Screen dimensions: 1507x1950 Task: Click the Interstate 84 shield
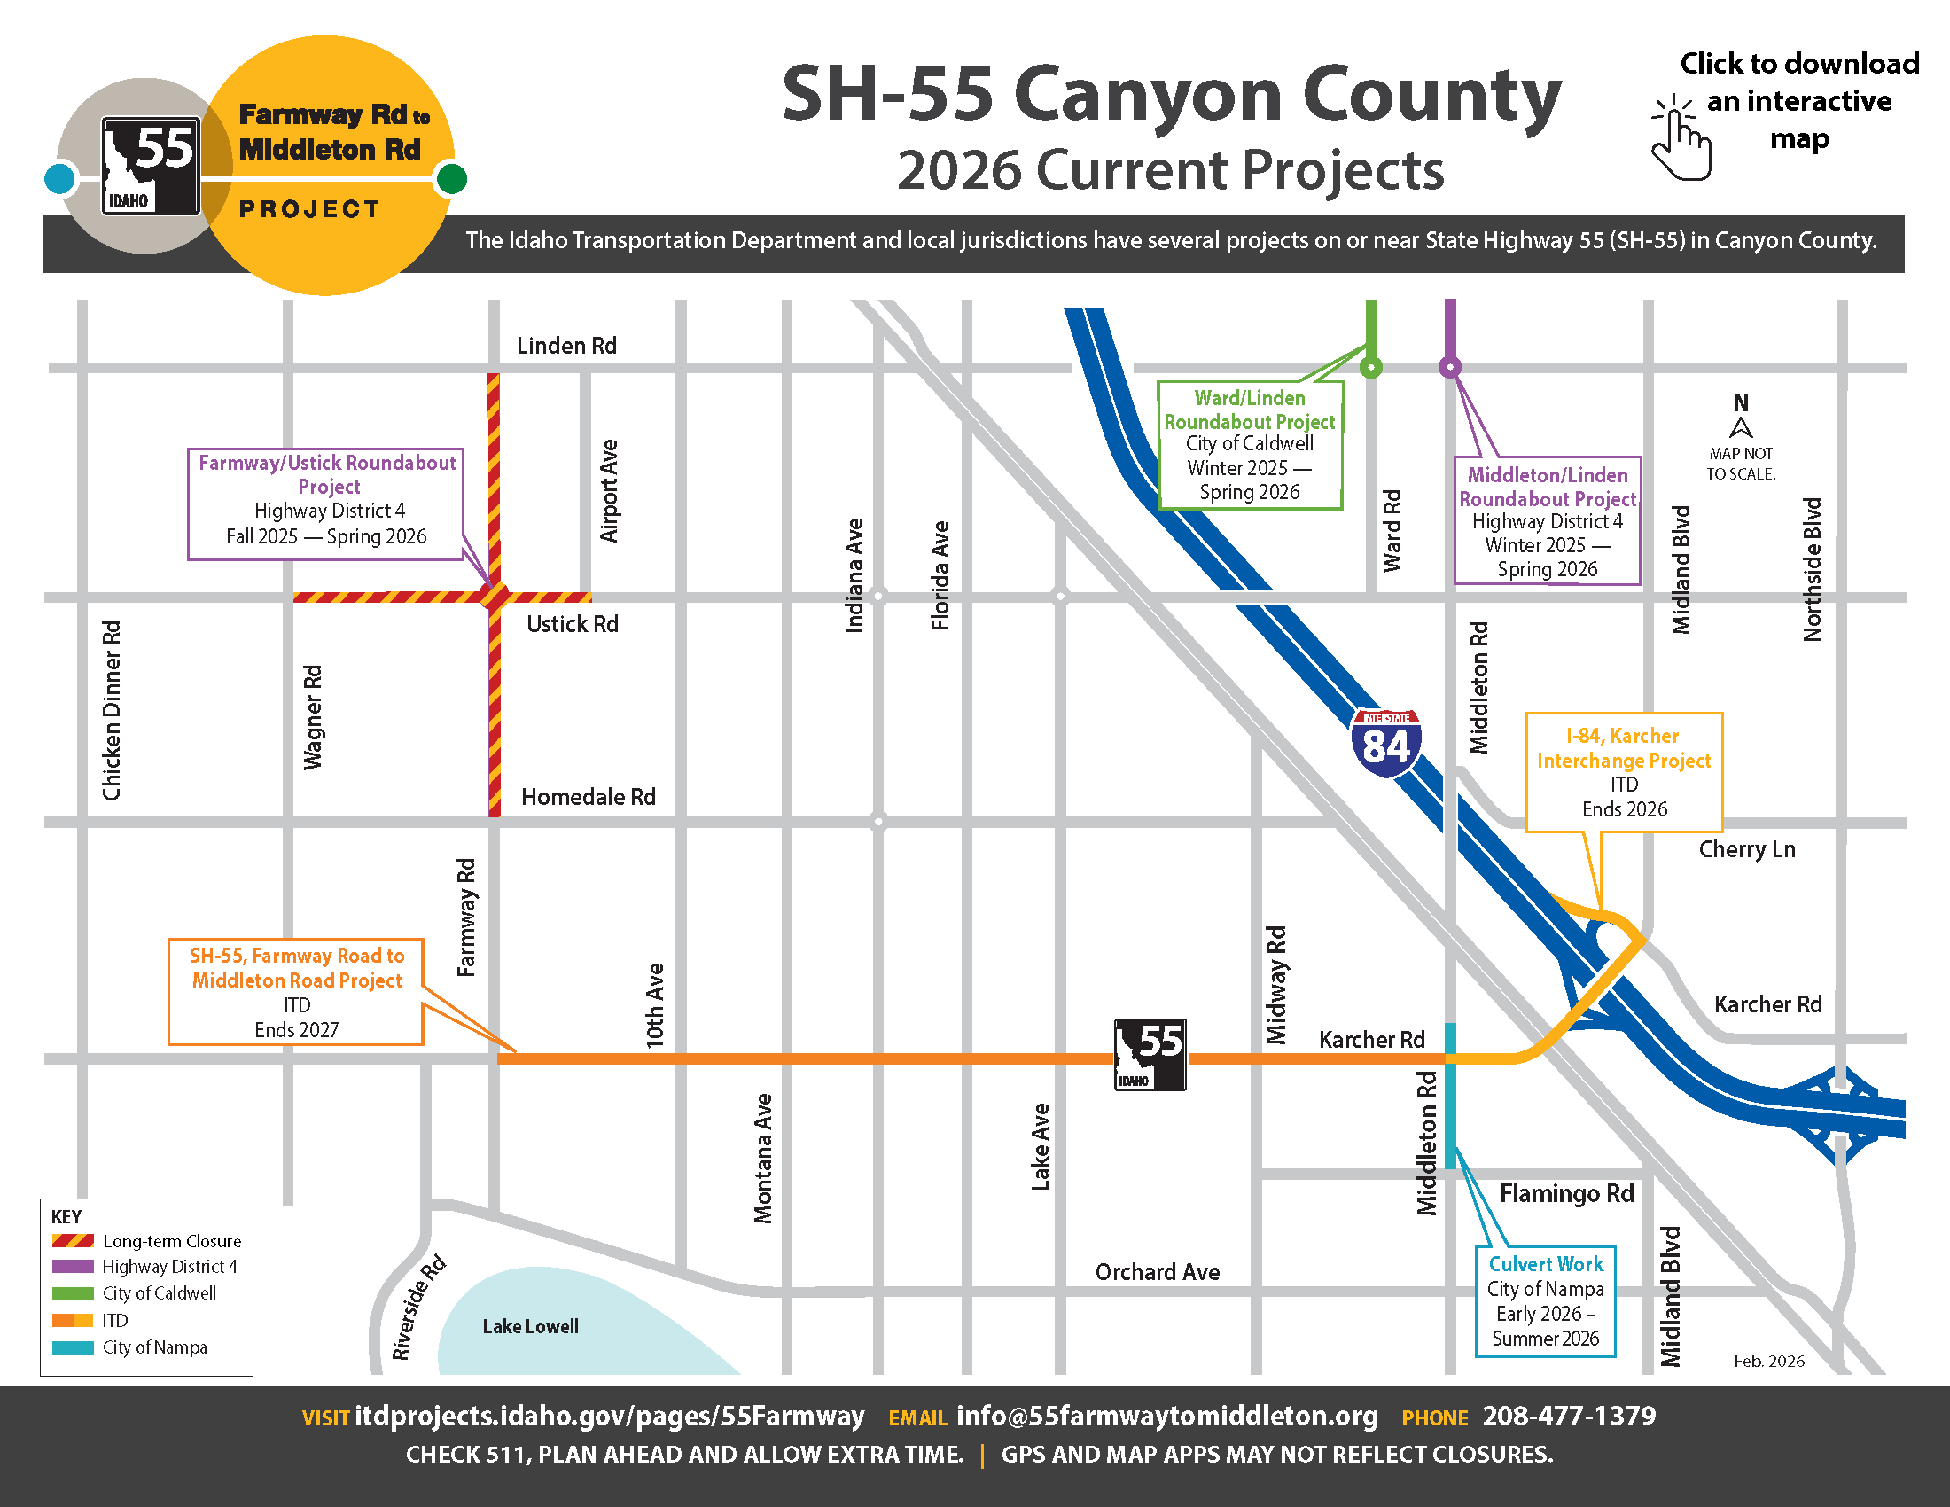tap(1385, 743)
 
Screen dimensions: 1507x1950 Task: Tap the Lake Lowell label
tap(530, 1327)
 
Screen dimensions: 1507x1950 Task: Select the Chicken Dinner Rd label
tap(112, 711)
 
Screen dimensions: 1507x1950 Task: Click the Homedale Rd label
tap(589, 796)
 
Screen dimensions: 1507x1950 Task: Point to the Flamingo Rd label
tap(1566, 1194)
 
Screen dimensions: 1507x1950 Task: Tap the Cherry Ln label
tap(1746, 849)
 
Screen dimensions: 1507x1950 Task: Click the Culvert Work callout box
tap(1546, 1300)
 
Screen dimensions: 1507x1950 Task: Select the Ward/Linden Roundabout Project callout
tap(1249, 445)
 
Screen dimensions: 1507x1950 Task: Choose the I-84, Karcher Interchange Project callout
tap(1624, 772)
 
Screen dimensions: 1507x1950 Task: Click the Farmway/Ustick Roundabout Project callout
tap(327, 504)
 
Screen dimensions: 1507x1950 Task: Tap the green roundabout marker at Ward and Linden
tap(1371, 367)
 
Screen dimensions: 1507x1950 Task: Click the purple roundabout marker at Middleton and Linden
tap(1450, 367)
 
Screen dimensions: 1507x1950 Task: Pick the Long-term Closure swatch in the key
tap(73, 1241)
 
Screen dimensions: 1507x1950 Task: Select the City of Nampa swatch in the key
tap(73, 1347)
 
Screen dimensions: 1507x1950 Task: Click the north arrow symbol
tap(1741, 426)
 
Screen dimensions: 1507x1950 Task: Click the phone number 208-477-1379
tap(1569, 1416)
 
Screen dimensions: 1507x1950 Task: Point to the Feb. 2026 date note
tap(1769, 1361)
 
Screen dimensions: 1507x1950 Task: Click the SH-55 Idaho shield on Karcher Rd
tap(1150, 1054)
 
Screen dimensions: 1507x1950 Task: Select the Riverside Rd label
tap(417, 1308)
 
